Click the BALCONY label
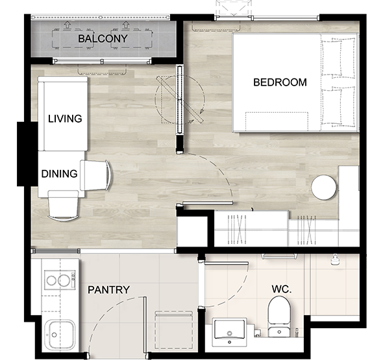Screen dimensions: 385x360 pos(103,38)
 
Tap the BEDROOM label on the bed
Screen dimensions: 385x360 pos(280,82)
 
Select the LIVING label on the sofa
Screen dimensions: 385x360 pos(65,119)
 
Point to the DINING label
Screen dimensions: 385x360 pos(60,174)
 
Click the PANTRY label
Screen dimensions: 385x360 pos(108,290)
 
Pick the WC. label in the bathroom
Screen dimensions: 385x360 pos(282,289)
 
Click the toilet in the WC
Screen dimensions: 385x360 pos(279,317)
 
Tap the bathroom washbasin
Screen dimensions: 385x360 pos(230,332)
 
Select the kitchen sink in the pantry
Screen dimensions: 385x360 pos(60,335)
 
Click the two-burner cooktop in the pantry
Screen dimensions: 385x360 pos(60,280)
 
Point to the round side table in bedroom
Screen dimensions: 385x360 pos(324,187)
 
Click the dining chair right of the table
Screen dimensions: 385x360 pos(95,175)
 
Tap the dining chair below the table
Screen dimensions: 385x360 pos(64,206)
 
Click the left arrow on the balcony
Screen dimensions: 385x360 pos(67,24)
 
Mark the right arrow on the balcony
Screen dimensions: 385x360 pos(126,24)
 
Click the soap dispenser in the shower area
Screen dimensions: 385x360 pos(334,259)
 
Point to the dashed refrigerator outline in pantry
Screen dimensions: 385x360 pos(174,330)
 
